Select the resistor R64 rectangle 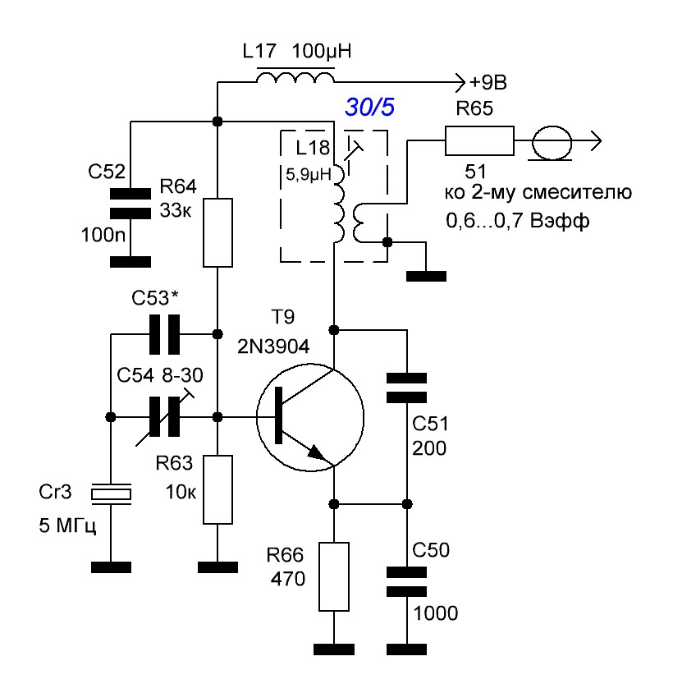pyautogui.click(x=217, y=233)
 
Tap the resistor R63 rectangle pyautogui.click(x=217, y=489)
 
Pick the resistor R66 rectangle pyautogui.click(x=334, y=576)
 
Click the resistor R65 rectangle pyautogui.click(x=479, y=141)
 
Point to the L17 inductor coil pyautogui.click(x=295, y=78)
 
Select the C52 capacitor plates pyautogui.click(x=130, y=204)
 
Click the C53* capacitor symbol pyautogui.click(x=164, y=334)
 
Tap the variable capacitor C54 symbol pyautogui.click(x=164, y=417)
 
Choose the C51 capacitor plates pyautogui.click(x=406, y=388)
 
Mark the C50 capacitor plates pyautogui.click(x=406, y=582)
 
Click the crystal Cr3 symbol pyautogui.click(x=111, y=493)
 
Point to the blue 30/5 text pyautogui.click(x=370, y=108)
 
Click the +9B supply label pyautogui.click(x=488, y=83)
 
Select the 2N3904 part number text pyautogui.click(x=273, y=346)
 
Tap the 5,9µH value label pyautogui.click(x=309, y=175)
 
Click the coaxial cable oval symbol pyautogui.click(x=552, y=142)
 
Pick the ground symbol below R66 pyautogui.click(x=334, y=649)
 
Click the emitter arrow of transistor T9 pyautogui.click(x=318, y=452)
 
